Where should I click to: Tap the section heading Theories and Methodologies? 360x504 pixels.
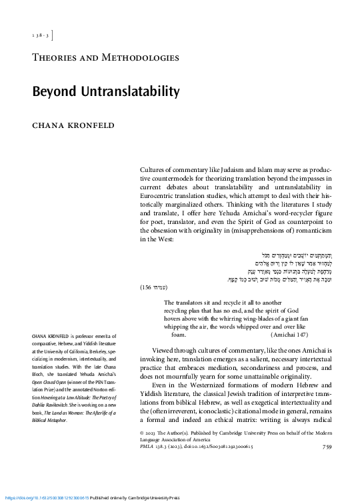pos(106,57)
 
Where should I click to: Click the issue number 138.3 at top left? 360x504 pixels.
pos(40,34)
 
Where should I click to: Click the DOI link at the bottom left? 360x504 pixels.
pos(47,498)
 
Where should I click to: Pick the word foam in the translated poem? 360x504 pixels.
pos(179,335)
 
